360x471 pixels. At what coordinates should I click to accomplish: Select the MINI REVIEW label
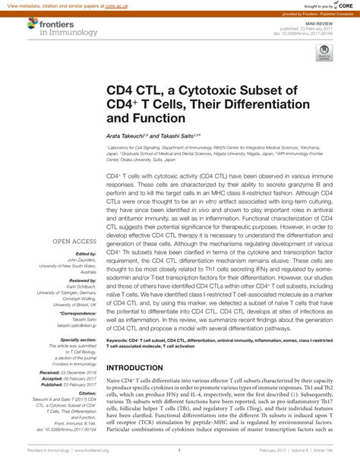(334, 23)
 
